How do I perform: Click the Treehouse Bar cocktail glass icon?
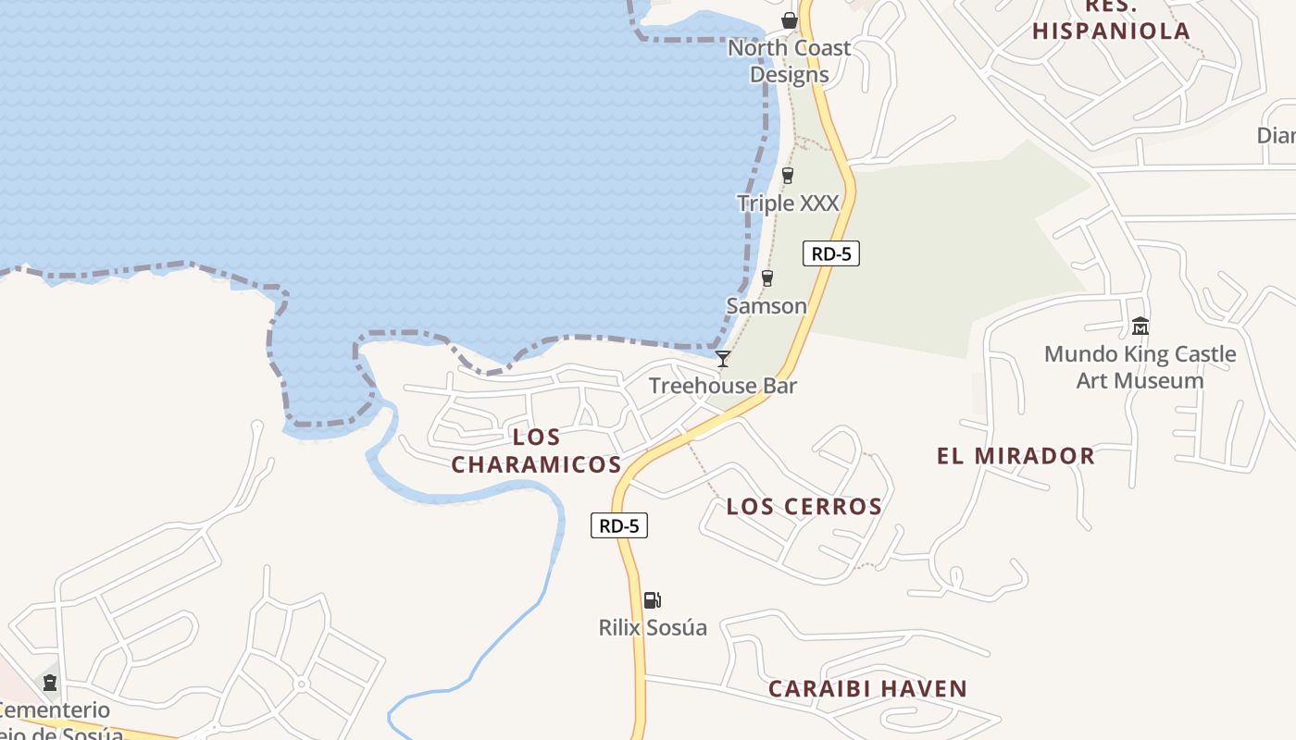(723, 359)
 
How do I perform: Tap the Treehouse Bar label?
(723, 386)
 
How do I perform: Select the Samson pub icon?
(766, 277)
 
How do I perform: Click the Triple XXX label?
(788, 203)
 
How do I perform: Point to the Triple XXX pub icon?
(788, 175)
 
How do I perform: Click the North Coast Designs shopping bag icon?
(790, 19)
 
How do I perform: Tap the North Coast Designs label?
(790, 61)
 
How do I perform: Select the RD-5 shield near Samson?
(831, 253)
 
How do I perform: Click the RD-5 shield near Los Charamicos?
(619, 525)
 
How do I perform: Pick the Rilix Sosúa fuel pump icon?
(653, 600)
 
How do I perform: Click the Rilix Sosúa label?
(653, 627)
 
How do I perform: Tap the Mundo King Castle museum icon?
(1140, 327)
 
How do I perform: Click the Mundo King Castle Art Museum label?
(1140, 367)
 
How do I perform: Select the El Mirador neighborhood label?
(1016, 456)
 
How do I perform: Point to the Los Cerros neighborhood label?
(804, 507)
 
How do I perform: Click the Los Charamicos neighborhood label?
(537, 450)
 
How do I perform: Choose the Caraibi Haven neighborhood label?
(868, 689)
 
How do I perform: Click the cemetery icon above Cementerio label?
(50, 683)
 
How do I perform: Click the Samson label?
(766, 305)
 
